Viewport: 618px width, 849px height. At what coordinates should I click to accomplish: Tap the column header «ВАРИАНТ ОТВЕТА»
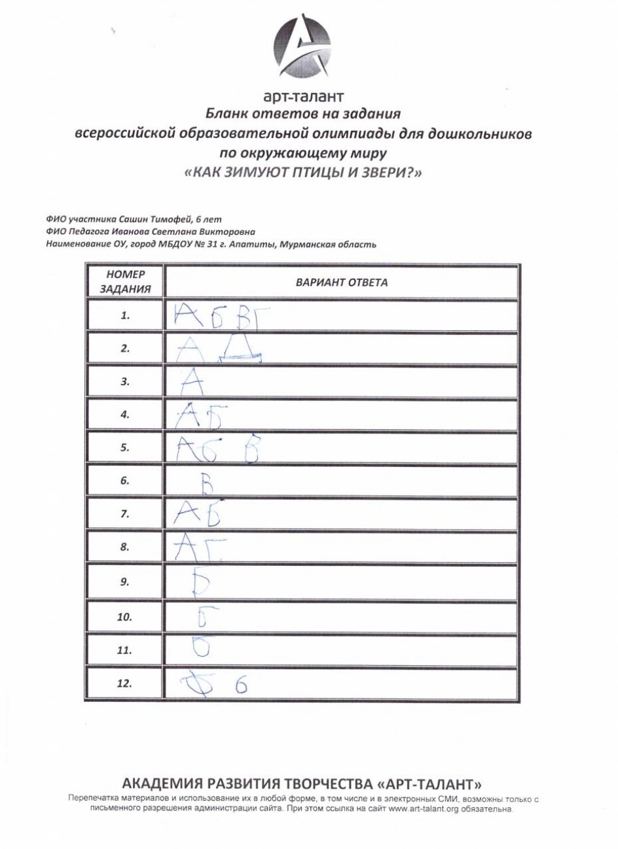342,283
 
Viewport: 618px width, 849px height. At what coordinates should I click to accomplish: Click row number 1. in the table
126,315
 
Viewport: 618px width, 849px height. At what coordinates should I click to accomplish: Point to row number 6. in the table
126,481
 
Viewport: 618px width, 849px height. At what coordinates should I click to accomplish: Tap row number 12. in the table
125,684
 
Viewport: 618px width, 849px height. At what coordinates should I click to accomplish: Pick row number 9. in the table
126,582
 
